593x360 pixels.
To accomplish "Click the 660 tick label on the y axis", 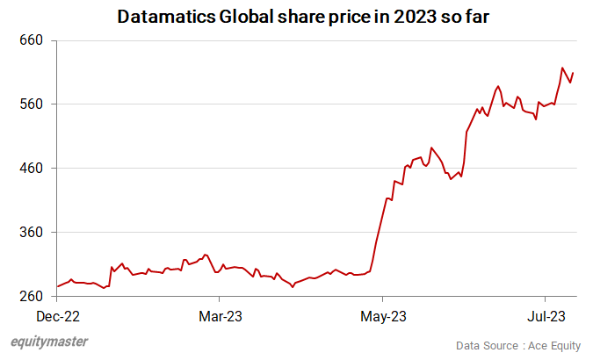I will pyautogui.click(x=31, y=40).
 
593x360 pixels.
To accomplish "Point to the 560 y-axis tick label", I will pyautogui.click(x=31, y=104).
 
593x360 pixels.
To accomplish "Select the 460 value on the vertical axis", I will pyautogui.click(x=31, y=169).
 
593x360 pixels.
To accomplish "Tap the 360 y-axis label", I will pyautogui.click(x=31, y=233).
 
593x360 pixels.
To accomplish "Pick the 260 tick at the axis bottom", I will pyautogui.click(x=31, y=297).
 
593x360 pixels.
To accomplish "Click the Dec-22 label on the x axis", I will pyautogui.click(x=57, y=314).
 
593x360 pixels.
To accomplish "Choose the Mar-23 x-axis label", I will pyautogui.click(x=221, y=314).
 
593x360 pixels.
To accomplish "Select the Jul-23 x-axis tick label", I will pyautogui.click(x=546, y=314).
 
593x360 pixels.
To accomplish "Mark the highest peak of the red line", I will pyautogui.click(x=562, y=68).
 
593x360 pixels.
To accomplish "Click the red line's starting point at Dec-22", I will pyautogui.click(x=58, y=286).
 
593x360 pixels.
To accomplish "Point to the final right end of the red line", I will pyautogui.click(x=574, y=73).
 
